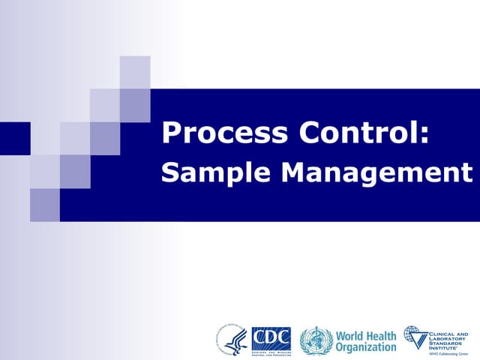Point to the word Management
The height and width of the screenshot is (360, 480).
pos(377,174)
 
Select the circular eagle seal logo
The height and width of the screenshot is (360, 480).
pos(232,340)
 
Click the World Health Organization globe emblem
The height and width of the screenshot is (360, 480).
pos(315,340)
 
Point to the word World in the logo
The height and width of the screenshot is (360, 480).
pos(351,335)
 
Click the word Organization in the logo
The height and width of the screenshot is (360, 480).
pos(365,347)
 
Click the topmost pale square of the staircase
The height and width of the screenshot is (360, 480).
pos(135,72)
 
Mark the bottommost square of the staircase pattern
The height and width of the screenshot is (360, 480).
pos(45,205)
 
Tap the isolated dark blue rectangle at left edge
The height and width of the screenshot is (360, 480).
pos(15,138)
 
